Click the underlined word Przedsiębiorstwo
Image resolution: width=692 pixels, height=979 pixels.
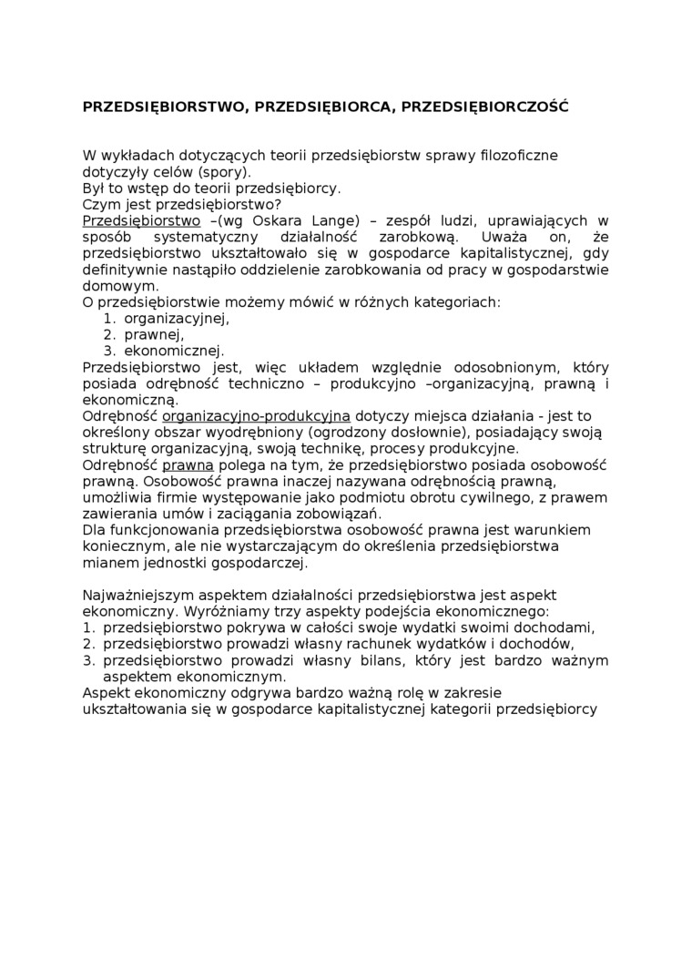coord(141,221)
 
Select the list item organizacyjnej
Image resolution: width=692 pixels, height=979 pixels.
coord(176,319)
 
